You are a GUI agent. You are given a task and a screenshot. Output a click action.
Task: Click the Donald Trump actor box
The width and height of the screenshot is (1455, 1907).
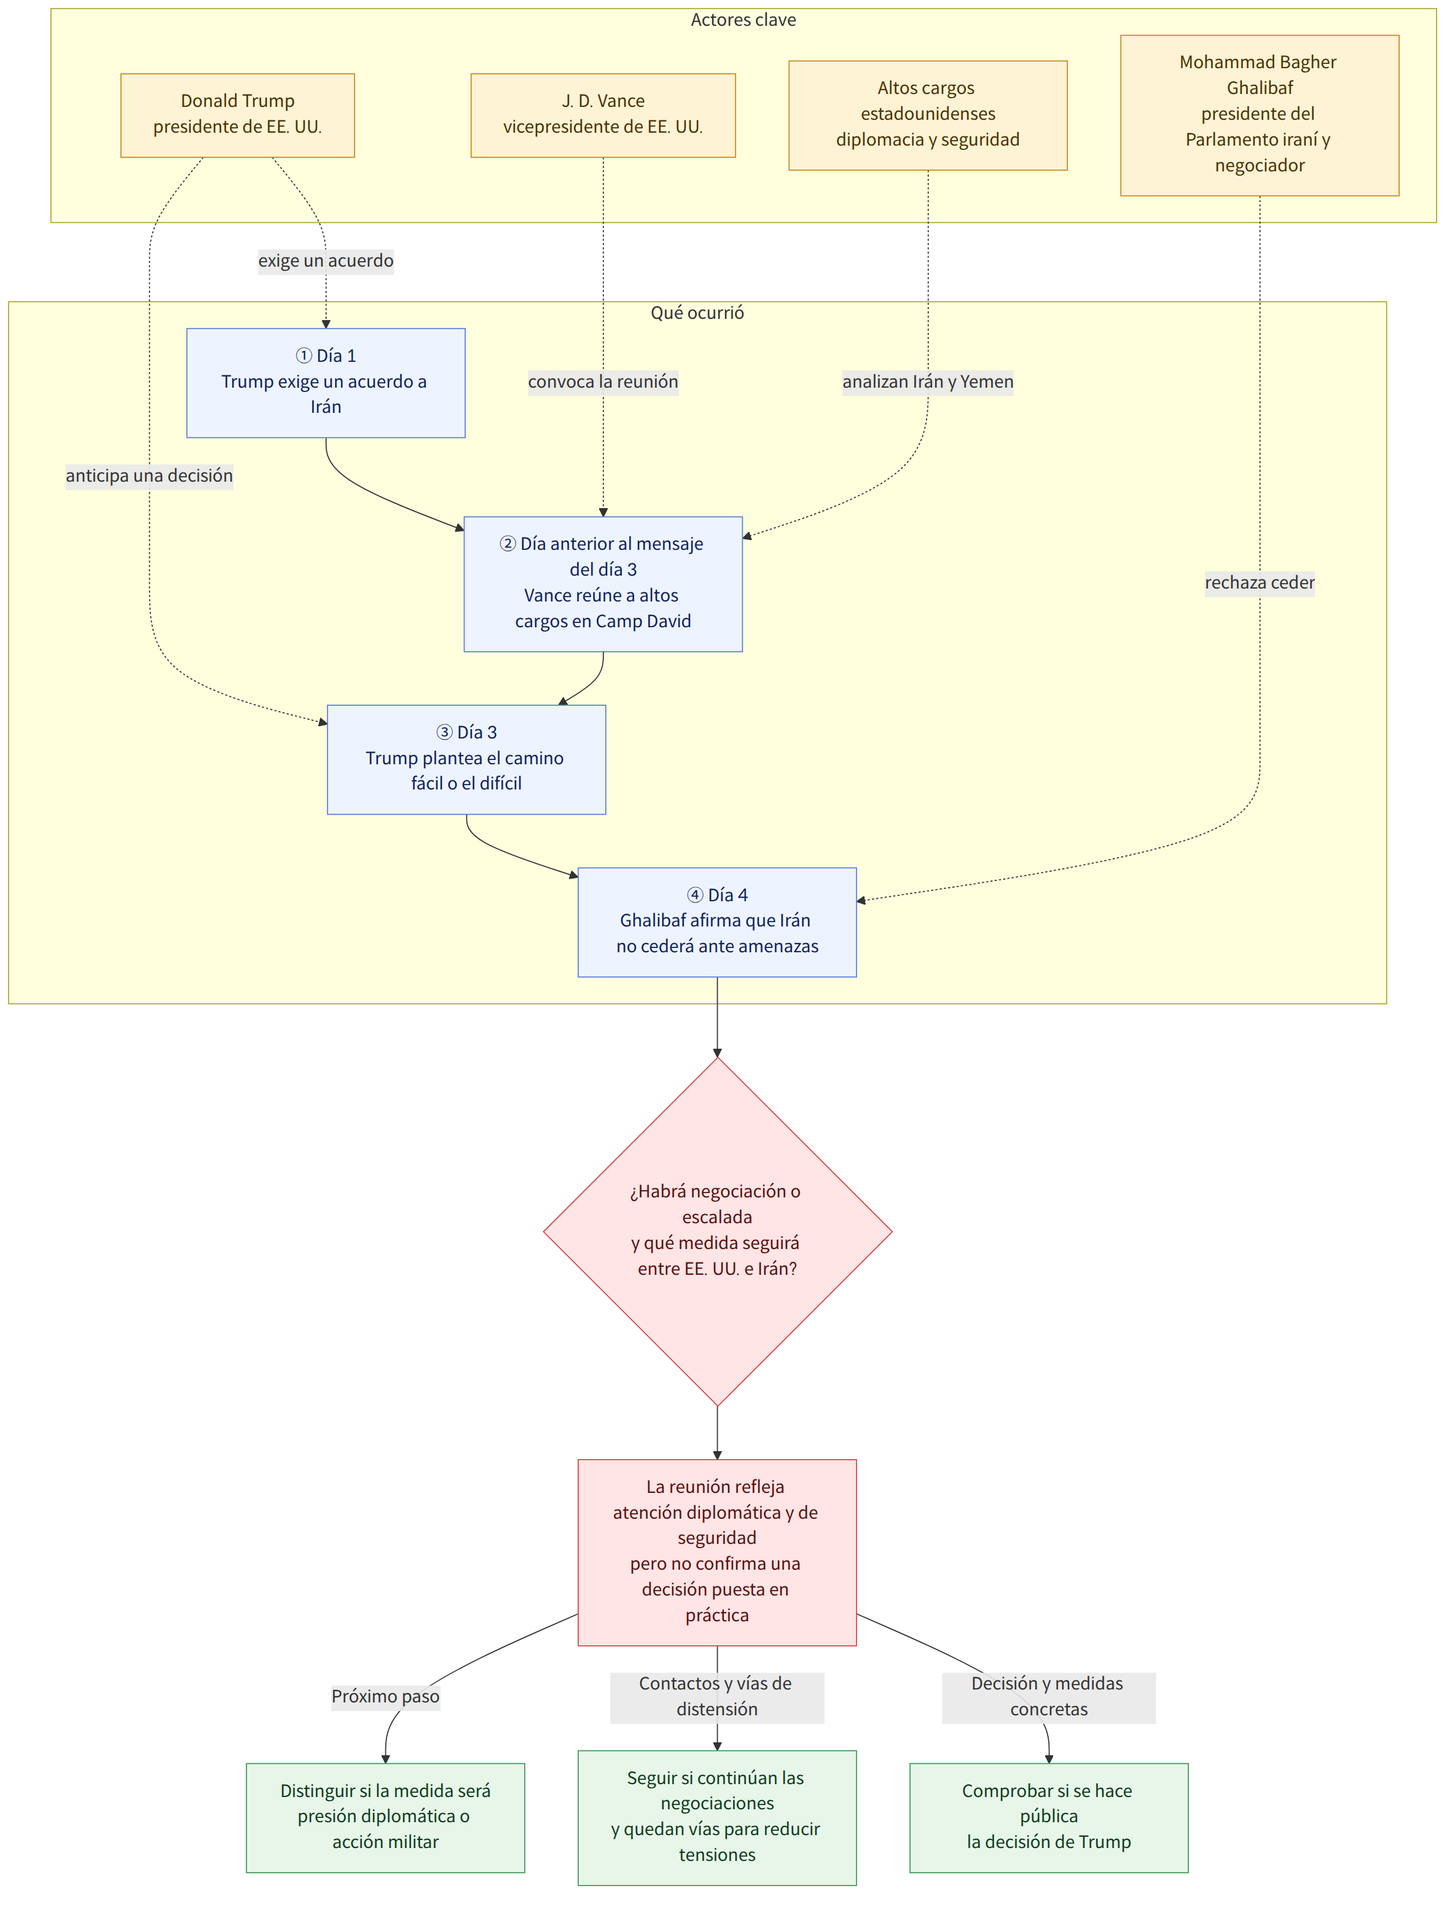(237, 115)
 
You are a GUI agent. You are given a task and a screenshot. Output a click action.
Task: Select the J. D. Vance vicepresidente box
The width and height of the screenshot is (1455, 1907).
(603, 115)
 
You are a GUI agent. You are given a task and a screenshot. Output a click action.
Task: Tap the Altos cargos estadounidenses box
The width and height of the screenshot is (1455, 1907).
(928, 115)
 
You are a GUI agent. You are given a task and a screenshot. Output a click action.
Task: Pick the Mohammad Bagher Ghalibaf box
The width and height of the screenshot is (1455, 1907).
(1259, 115)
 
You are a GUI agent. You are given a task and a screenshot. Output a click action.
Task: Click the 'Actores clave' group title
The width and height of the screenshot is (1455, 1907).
(743, 20)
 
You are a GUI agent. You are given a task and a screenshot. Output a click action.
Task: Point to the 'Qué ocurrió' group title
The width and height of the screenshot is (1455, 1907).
(697, 313)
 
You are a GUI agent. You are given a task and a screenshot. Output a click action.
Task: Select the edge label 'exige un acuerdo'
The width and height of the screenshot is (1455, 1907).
(326, 260)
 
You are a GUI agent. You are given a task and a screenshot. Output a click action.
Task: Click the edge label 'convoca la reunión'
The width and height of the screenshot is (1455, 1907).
(603, 382)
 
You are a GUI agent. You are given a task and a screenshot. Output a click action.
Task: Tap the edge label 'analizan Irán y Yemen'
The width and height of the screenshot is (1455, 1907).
(928, 382)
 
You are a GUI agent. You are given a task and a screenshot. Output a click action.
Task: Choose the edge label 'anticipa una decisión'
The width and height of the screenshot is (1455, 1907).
(149, 476)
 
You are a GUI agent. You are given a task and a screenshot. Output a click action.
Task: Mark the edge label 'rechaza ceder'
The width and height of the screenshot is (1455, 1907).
(1259, 583)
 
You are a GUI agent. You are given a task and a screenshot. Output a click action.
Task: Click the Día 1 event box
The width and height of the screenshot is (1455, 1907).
(326, 383)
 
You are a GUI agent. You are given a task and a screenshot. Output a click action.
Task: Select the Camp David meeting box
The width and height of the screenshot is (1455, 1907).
(603, 584)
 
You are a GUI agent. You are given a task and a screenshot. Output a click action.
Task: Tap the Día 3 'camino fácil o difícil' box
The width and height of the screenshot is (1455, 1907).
(466, 759)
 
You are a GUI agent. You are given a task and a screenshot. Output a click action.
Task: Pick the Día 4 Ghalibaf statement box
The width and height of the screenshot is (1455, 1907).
(717, 922)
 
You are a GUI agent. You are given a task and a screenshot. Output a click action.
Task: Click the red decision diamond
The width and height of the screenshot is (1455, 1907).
(717, 1231)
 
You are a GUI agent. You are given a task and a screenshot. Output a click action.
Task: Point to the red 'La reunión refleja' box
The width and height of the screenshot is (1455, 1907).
(717, 1552)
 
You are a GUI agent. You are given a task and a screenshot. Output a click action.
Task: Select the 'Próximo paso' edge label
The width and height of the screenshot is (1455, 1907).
(385, 1696)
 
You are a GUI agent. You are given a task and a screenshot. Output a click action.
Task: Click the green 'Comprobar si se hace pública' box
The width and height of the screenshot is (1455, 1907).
(1049, 1817)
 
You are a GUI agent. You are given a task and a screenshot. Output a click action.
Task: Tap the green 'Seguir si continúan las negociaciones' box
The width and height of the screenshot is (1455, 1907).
(717, 1817)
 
